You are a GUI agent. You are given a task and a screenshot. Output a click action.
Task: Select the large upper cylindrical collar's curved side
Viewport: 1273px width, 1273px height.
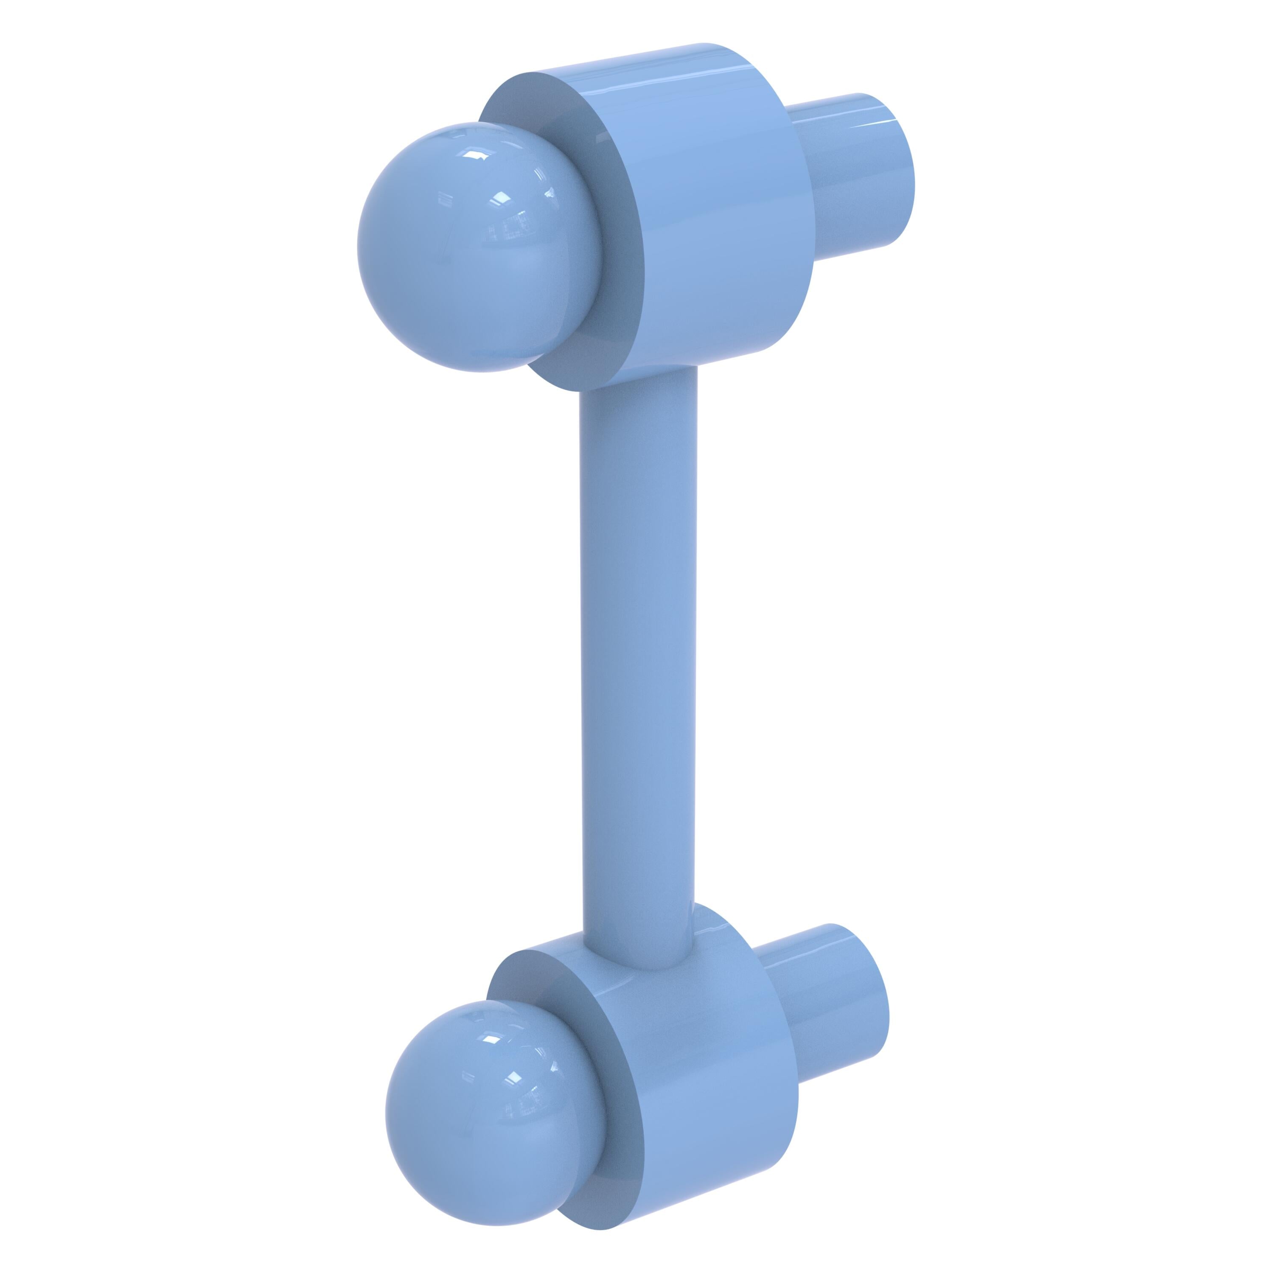click(712, 211)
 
